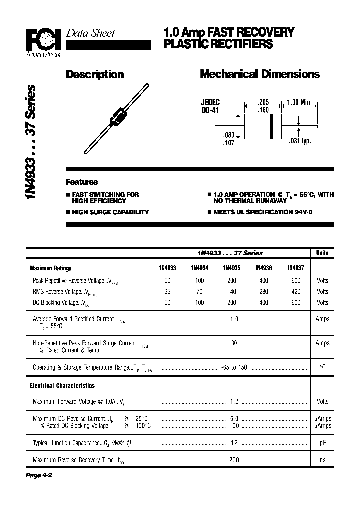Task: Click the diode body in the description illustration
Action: click(x=117, y=117)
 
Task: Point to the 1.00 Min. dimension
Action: click(x=299, y=102)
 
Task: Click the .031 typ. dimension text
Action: click(x=300, y=141)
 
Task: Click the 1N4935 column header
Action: click(x=231, y=268)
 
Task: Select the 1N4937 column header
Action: click(x=296, y=268)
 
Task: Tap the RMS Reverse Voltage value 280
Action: click(x=263, y=291)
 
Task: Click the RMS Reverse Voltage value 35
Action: click(x=167, y=291)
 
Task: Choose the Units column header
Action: click(x=322, y=253)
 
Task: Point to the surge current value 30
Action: click(x=234, y=343)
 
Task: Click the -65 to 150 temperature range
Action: click(x=234, y=367)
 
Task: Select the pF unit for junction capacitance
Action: click(x=322, y=443)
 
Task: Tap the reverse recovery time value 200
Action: click(x=234, y=460)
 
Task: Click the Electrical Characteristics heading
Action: click(x=62, y=386)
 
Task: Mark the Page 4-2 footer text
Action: click(x=39, y=475)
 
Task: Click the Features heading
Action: click(x=82, y=182)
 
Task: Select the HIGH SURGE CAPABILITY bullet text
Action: click(x=110, y=212)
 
